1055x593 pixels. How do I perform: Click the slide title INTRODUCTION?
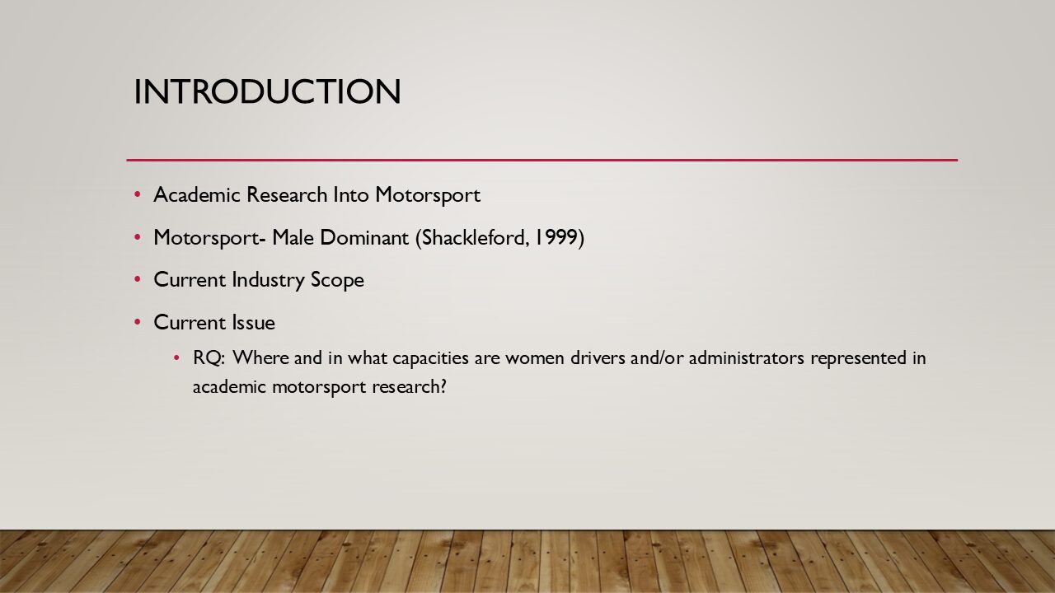click(268, 91)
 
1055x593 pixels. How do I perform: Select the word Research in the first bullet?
click(287, 194)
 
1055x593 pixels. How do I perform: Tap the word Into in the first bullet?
click(351, 194)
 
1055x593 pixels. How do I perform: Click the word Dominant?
click(364, 237)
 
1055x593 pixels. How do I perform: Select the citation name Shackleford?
click(473, 237)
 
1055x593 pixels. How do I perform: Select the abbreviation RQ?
click(209, 358)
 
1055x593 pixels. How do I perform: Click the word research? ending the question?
click(410, 387)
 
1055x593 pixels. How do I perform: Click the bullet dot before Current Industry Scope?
click(138, 279)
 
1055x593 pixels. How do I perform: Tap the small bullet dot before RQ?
click(176, 358)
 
